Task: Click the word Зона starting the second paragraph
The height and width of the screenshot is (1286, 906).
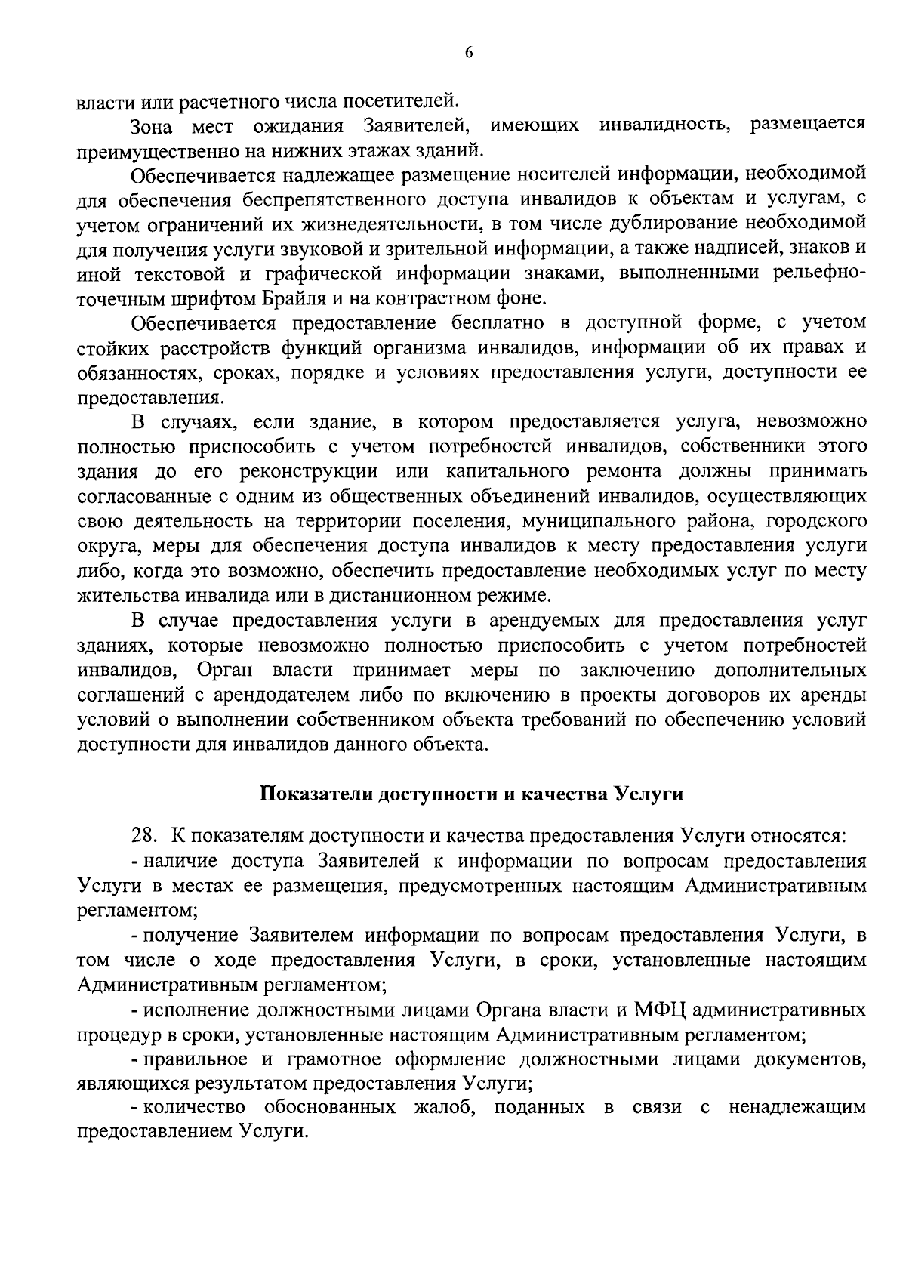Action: (155, 125)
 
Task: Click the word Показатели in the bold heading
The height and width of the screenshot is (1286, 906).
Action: (317, 795)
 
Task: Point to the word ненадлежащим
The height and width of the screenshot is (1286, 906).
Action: (797, 1109)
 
